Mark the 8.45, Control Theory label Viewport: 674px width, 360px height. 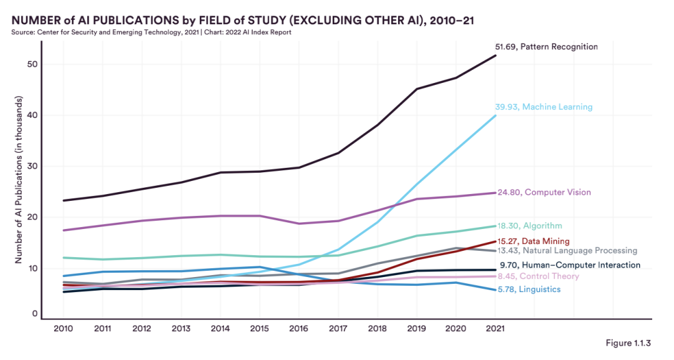pyautogui.click(x=538, y=276)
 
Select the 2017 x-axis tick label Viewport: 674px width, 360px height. pyautogui.click(x=338, y=328)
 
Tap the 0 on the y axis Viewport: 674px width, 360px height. pyautogui.click(x=35, y=314)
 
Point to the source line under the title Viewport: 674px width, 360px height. pyautogui.click(x=151, y=32)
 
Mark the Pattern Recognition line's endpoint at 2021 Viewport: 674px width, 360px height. pyautogui.click(x=496, y=56)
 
